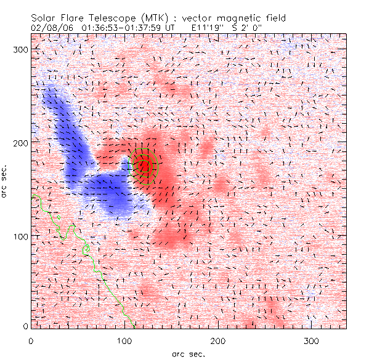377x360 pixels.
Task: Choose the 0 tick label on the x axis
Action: point(31,340)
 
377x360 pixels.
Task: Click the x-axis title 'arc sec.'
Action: point(188,354)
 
